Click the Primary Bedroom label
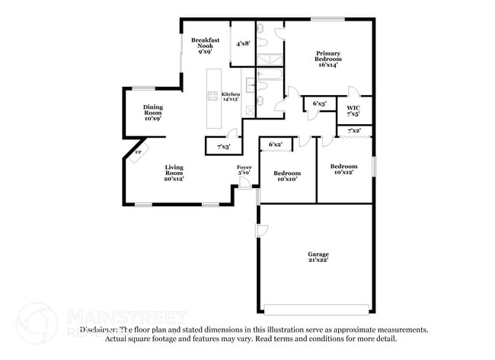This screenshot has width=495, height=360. click(328, 59)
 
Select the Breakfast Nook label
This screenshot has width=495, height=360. click(206, 46)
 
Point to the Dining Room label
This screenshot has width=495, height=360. click(153, 113)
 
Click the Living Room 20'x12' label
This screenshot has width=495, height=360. click(174, 173)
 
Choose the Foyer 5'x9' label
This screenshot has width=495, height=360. click(244, 170)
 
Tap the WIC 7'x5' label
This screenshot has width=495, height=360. click(353, 110)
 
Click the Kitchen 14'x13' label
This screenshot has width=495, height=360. click(231, 97)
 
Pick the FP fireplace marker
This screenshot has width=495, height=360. click(138, 153)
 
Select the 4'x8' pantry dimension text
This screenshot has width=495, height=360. click(244, 44)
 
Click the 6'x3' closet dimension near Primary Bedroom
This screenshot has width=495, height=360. click(319, 104)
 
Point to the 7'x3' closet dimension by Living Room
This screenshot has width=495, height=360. click(223, 146)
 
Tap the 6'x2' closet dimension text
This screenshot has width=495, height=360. click(275, 144)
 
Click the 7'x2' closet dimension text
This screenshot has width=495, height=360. click(354, 132)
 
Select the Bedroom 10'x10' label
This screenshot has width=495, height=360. click(287, 176)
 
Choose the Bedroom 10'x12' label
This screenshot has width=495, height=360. click(343, 169)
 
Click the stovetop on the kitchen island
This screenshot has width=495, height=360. click(212, 96)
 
